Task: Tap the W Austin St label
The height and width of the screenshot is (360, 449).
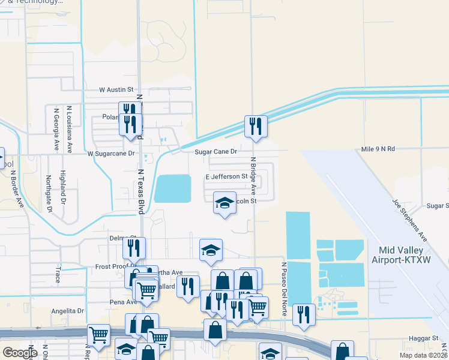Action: click(x=116, y=90)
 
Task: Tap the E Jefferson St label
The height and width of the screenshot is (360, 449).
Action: click(x=227, y=177)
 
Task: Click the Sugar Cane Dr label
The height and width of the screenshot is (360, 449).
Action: click(x=216, y=152)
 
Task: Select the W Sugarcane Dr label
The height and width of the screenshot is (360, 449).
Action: click(x=112, y=154)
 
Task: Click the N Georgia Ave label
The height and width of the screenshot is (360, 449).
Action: click(x=56, y=128)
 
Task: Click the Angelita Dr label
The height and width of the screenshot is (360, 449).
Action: click(x=67, y=311)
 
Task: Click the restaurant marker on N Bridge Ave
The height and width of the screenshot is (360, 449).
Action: click(x=256, y=127)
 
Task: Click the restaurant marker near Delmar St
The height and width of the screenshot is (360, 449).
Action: click(x=134, y=248)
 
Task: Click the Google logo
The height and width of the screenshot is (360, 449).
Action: click(x=20, y=353)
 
